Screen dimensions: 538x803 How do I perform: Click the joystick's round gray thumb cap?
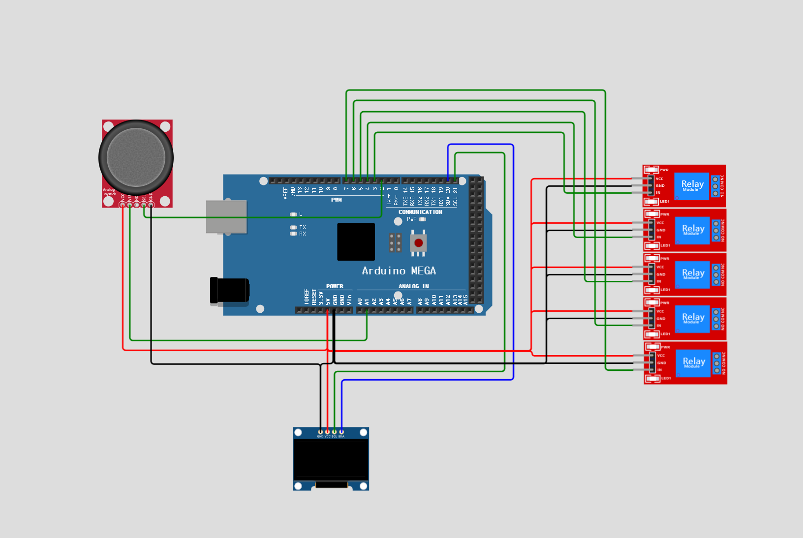[136, 157]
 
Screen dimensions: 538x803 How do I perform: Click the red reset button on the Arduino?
[418, 243]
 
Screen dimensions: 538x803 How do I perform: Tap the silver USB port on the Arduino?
[226, 216]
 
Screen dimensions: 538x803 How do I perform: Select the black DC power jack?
[229, 290]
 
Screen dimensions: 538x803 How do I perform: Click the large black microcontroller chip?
[356, 241]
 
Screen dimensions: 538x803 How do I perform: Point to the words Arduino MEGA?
[399, 271]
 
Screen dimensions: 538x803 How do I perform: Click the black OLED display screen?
[331, 460]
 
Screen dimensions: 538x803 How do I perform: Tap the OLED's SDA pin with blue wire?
[341, 432]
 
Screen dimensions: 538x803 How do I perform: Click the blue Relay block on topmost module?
[692, 186]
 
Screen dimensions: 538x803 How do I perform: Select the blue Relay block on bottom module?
[693, 363]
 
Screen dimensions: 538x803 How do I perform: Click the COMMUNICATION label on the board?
[420, 212]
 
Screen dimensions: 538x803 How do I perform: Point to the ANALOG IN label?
[413, 286]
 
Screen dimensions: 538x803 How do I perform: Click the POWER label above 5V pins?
[335, 286]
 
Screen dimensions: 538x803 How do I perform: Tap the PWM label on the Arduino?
[337, 200]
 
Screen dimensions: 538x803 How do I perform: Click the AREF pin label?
[285, 193]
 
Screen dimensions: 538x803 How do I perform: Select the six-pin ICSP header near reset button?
[395, 243]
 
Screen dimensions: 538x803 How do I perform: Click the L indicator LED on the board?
[293, 214]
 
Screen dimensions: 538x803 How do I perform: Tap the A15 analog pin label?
[465, 299]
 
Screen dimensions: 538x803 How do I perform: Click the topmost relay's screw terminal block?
[715, 186]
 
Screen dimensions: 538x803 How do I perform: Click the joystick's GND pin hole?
[151, 205]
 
